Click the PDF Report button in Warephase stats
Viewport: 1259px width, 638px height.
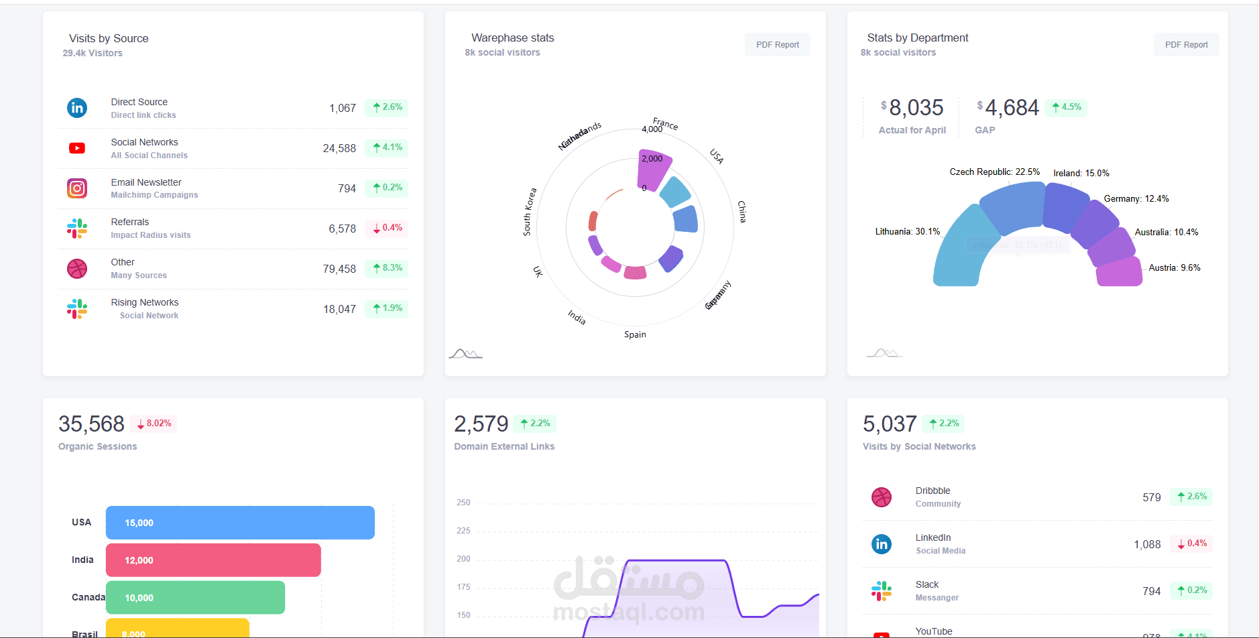(777, 45)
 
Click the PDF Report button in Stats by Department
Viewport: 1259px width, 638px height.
(1186, 45)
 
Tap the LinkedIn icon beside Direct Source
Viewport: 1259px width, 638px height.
(77, 108)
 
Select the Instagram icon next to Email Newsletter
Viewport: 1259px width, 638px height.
(77, 188)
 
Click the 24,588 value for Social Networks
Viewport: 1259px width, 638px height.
(339, 148)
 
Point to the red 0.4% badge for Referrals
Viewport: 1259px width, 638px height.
(387, 228)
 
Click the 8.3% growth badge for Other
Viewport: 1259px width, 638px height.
(387, 268)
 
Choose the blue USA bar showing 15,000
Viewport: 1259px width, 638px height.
(240, 523)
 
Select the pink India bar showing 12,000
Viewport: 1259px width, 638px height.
(213, 560)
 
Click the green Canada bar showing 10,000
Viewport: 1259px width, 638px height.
(195, 598)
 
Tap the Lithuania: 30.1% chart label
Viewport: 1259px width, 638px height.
(907, 232)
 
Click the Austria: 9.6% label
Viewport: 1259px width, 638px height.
(1174, 268)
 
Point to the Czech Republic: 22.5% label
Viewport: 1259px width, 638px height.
(994, 172)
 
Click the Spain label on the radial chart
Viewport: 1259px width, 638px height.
(635, 334)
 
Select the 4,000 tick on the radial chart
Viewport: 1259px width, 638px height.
(652, 129)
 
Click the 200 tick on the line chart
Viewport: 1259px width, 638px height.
(463, 559)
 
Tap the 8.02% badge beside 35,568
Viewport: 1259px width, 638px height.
(154, 424)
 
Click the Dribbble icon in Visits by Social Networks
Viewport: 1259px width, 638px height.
(882, 497)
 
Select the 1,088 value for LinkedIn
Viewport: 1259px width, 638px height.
(1147, 544)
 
